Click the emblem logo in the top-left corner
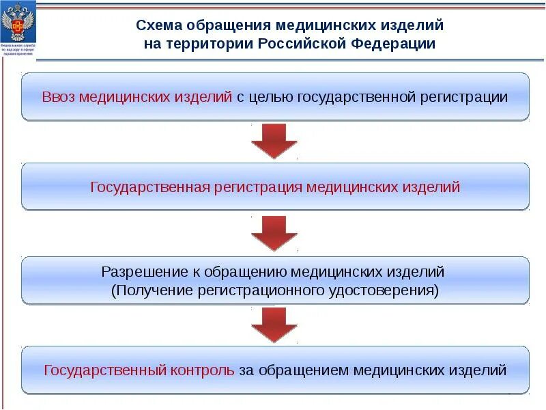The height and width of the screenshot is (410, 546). (x=18, y=28)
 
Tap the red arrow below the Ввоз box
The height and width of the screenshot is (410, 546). (x=274, y=141)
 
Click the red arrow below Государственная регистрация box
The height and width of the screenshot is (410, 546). (x=274, y=234)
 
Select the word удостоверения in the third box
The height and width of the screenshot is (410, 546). (x=388, y=290)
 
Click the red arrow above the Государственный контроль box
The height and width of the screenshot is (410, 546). (x=274, y=325)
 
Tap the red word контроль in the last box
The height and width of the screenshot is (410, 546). (x=203, y=370)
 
